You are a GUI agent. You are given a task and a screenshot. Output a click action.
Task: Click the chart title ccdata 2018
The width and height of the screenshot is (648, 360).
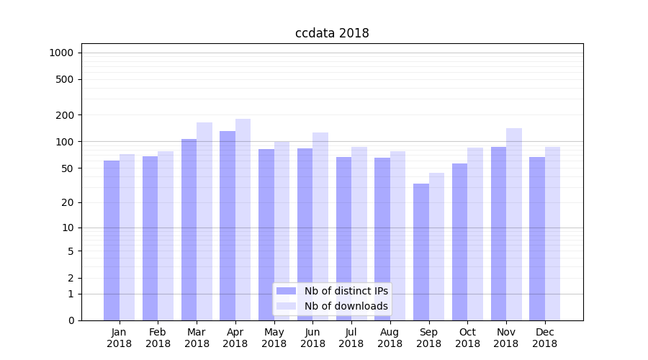pyautogui.click(x=332, y=33)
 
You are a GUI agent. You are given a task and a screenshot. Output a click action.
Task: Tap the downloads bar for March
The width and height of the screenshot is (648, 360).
pyautogui.click(x=204, y=221)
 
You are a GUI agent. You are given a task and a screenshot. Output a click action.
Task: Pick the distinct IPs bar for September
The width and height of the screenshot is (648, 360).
pyautogui.click(x=421, y=252)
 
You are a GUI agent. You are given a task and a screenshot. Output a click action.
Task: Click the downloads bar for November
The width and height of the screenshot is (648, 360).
pyautogui.click(x=514, y=224)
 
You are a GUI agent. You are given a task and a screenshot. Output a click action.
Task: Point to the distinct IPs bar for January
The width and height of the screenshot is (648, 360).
pyautogui.click(x=112, y=240)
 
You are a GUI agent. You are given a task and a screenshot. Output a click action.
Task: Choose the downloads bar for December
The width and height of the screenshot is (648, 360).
pyautogui.click(x=553, y=233)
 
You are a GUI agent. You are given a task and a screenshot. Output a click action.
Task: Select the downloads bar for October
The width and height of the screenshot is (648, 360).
pyautogui.click(x=475, y=234)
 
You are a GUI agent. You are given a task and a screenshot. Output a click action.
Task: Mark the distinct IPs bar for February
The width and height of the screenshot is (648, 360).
pyautogui.click(x=150, y=238)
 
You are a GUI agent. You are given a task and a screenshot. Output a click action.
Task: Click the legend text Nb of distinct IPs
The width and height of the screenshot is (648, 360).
pyautogui.click(x=346, y=291)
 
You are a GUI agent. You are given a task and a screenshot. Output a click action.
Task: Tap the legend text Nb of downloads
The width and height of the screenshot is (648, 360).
pyautogui.click(x=346, y=306)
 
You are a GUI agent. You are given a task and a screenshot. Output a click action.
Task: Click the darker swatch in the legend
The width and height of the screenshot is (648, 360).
pyautogui.click(x=286, y=291)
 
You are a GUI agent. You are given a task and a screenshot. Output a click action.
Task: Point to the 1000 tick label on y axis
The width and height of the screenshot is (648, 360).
pyautogui.click(x=61, y=53)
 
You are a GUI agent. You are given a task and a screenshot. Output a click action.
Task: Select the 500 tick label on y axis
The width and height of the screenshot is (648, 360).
pyautogui.click(x=66, y=79)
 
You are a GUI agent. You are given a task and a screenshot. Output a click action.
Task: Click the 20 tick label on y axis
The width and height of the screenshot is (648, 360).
pyautogui.click(x=68, y=202)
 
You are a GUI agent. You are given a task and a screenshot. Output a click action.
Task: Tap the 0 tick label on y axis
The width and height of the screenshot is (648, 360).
pyautogui.click(x=71, y=320)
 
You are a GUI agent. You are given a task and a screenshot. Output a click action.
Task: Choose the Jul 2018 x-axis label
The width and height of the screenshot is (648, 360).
pyautogui.click(x=351, y=338)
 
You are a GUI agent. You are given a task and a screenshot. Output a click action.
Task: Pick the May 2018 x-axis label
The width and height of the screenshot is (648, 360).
pyautogui.click(x=274, y=338)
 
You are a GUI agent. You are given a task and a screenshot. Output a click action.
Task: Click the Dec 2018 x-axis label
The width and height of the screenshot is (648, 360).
pyautogui.click(x=544, y=338)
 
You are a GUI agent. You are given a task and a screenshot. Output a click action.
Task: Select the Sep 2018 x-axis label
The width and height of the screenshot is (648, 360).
pyautogui.click(x=428, y=338)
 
